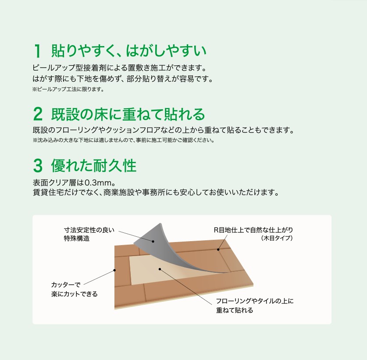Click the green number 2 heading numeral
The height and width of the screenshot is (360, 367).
coord(38,115)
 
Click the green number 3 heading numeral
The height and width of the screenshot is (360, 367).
coord(38,166)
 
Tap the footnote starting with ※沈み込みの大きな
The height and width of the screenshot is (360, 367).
coord(123,141)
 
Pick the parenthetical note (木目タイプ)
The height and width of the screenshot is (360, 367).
coord(276,239)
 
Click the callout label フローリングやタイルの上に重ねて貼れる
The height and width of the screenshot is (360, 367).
coord(254,306)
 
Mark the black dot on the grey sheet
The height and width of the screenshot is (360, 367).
coord(153,241)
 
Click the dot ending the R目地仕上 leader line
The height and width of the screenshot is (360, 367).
coord(218,250)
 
